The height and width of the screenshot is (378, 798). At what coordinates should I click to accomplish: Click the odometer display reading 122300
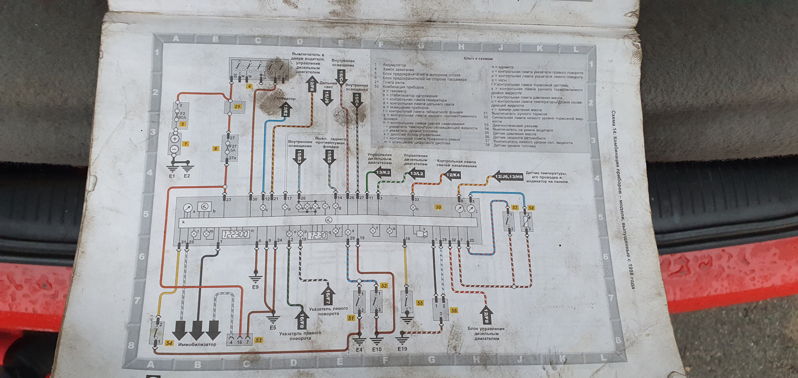click(236, 234)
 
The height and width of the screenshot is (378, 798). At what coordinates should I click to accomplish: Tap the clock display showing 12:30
click(318, 235)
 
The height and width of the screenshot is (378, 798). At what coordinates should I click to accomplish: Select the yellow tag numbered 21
click(237, 106)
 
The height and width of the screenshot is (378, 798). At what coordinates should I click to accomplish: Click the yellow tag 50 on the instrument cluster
click(438, 207)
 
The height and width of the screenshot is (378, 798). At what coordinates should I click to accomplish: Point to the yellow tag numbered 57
click(515, 208)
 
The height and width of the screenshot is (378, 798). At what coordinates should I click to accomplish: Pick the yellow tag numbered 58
click(531, 208)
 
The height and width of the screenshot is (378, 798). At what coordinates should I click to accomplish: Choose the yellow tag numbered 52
click(384, 286)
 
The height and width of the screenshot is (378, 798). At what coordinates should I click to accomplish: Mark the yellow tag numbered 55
click(420, 303)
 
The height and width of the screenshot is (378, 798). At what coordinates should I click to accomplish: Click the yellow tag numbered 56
click(454, 310)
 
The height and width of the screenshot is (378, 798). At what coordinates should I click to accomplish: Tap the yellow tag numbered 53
click(259, 340)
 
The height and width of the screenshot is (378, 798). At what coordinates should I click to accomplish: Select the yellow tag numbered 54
click(169, 343)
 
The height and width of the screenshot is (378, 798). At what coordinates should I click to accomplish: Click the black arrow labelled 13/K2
click(380, 172)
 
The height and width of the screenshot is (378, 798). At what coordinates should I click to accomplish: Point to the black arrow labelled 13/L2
click(414, 173)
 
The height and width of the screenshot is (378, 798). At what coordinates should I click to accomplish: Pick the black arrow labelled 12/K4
click(451, 175)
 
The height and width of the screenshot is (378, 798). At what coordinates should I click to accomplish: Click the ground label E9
click(255, 287)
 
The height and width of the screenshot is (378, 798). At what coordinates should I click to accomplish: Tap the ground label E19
click(402, 349)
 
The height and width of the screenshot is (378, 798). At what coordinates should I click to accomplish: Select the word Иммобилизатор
click(197, 345)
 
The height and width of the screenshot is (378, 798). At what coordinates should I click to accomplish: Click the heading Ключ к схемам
click(478, 59)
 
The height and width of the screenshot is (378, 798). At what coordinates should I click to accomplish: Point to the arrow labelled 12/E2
click(286, 110)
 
